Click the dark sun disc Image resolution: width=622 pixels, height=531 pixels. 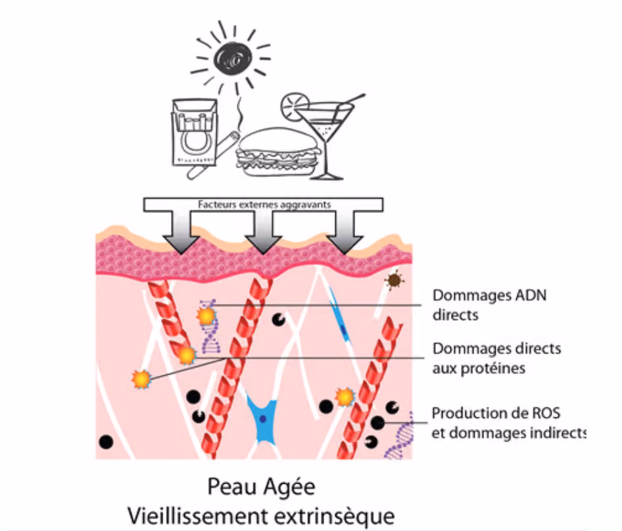point(232,58)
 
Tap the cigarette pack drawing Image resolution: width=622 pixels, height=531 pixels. point(194,132)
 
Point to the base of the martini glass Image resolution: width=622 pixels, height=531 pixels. point(327,175)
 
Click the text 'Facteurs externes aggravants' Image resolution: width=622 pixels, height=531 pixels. point(264,204)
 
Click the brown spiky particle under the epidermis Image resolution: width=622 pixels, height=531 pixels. point(394,281)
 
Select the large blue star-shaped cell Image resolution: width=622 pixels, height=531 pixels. point(262,419)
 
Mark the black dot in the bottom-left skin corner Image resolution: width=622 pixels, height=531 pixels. point(106,442)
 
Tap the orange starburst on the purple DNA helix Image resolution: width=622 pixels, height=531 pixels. point(206,317)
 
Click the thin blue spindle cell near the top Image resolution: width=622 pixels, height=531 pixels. point(338,313)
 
